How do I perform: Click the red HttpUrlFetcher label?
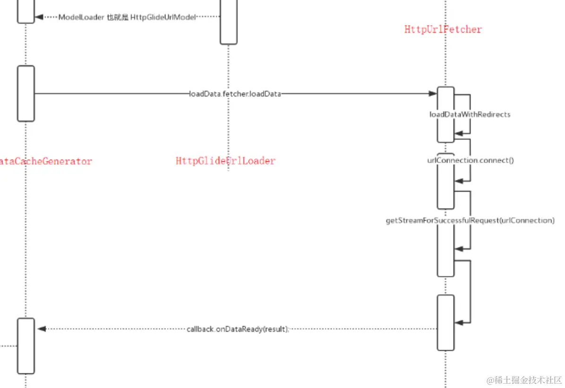[x=443, y=29]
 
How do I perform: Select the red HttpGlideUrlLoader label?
[x=225, y=161]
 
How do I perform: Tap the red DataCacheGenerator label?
[x=46, y=161]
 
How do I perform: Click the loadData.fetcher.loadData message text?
[x=235, y=94]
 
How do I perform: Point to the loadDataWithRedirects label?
[x=470, y=115]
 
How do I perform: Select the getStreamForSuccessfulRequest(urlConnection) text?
[x=470, y=220]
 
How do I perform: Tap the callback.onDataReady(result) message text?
[x=237, y=329]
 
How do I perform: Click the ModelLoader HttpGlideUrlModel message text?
[x=127, y=17]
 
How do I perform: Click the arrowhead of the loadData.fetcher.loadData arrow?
[x=433, y=94]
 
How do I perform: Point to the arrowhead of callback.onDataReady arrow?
[x=41, y=329]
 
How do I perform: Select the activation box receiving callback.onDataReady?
[x=26, y=345]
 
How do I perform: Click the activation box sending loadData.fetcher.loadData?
[x=26, y=93]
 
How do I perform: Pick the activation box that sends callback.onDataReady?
[x=445, y=322]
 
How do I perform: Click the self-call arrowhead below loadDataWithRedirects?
[x=458, y=134]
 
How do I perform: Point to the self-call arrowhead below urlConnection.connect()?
[x=458, y=181]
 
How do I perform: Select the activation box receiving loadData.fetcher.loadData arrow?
[x=445, y=114]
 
